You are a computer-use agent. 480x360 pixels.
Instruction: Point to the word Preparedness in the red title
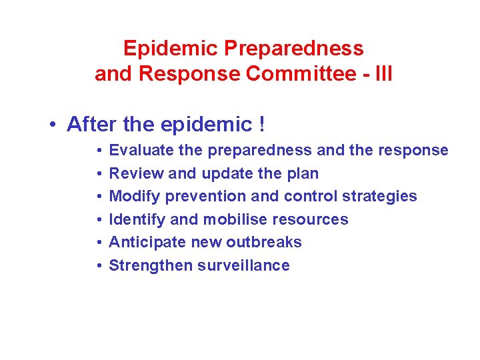point(294,49)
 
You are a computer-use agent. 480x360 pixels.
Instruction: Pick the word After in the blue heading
point(91,124)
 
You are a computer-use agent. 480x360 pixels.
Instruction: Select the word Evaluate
point(138,150)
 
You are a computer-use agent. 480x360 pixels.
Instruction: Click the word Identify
point(136,219)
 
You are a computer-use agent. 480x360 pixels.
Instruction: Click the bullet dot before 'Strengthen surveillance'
point(98,266)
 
